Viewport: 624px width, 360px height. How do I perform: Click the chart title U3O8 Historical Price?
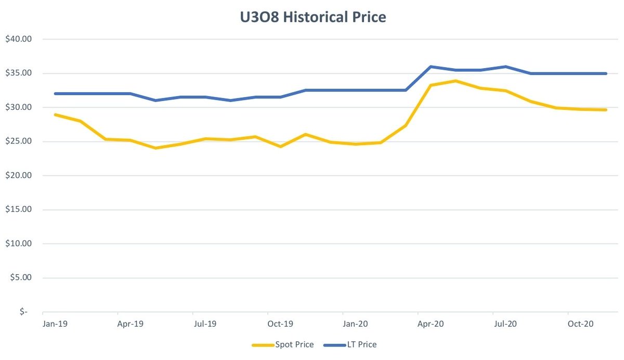click(x=312, y=18)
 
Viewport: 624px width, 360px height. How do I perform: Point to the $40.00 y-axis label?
click(x=18, y=39)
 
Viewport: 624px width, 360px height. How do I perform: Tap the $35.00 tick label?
click(x=18, y=73)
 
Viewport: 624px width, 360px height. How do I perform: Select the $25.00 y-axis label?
click(x=18, y=142)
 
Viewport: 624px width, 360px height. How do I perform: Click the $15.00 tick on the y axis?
click(x=18, y=210)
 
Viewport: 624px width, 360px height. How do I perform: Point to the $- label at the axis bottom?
click(x=23, y=312)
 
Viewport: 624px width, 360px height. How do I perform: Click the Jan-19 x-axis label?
click(x=55, y=324)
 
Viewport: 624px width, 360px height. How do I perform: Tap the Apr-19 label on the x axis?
click(x=130, y=324)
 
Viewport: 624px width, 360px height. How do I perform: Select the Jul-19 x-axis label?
click(x=205, y=324)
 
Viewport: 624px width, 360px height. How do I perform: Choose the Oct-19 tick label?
click(x=280, y=324)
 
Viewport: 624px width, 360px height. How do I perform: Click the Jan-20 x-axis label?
click(x=356, y=324)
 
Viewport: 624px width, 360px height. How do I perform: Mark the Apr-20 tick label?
click(x=431, y=324)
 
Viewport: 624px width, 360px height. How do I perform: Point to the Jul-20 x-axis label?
click(x=505, y=324)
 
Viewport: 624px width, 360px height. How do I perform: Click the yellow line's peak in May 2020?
click(x=456, y=81)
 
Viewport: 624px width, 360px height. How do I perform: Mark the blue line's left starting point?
click(x=55, y=94)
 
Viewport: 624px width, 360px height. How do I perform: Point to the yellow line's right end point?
click(x=606, y=110)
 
